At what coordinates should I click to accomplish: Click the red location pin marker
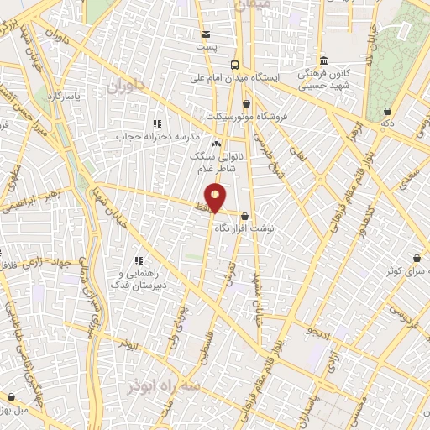coord(216,197)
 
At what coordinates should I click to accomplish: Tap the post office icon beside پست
coord(207,34)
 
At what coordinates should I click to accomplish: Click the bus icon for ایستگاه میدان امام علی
coord(235,64)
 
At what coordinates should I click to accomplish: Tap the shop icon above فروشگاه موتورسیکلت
coord(245,104)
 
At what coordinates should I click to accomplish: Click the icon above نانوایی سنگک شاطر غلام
coord(216,144)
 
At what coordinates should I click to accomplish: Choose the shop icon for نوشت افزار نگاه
coord(244,216)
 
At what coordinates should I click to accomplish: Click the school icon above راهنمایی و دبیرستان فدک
coord(139,238)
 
